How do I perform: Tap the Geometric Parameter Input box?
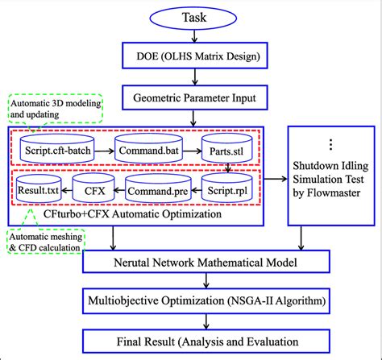pyautogui.click(x=190, y=99)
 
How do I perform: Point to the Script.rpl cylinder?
pyautogui.click(x=226, y=192)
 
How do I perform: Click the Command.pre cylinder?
pyautogui.click(x=149, y=192)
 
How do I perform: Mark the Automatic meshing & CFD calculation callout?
pyautogui.click(x=47, y=241)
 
